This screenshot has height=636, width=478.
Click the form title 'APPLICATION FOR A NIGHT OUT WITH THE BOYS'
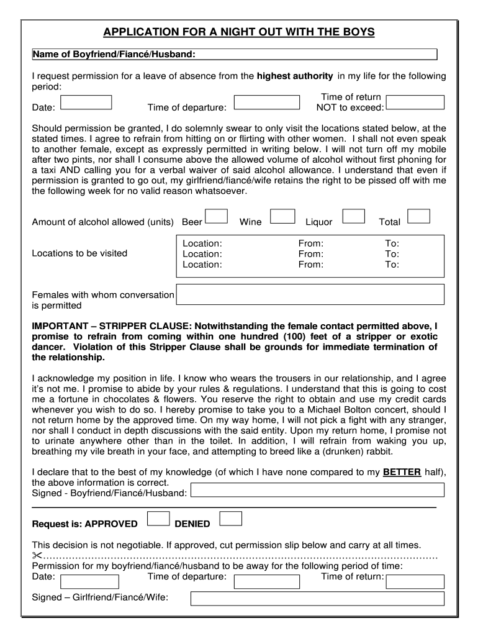point(239,32)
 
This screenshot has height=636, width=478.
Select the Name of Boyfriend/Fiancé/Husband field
point(317,55)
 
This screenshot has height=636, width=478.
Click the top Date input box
point(86,102)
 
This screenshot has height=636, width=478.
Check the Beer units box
point(215,216)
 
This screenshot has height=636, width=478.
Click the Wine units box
point(283,216)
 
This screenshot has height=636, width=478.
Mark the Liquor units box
point(353,216)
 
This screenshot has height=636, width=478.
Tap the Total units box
point(419,216)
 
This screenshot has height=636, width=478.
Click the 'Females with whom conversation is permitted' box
point(310,294)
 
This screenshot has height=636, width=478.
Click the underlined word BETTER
point(402,472)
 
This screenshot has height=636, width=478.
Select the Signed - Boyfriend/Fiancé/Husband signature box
point(317,490)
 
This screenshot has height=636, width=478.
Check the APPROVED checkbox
point(158,519)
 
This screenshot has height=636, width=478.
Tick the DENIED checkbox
point(230,519)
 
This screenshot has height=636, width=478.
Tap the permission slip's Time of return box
point(415,582)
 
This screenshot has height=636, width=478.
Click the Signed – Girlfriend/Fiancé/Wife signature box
point(317,599)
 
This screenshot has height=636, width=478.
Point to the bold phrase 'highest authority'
point(295,76)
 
